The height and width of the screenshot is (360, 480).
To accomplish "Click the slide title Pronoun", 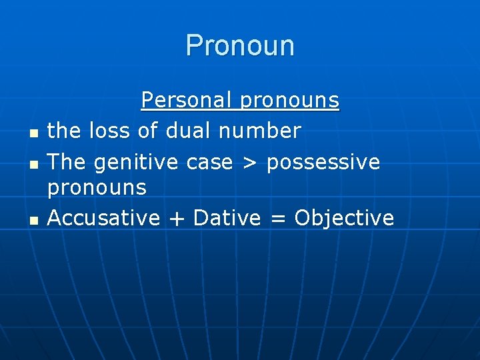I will (240, 45).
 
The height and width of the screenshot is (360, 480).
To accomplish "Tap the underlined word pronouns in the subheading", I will (289, 101).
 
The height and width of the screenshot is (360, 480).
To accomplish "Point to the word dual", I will (187, 131).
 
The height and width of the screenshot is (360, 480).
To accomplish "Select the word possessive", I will (323, 162).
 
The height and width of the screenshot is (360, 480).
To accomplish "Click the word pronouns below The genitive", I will (97, 187).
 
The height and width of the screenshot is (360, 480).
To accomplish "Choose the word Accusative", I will (104, 217).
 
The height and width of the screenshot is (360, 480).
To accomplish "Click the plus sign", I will (177, 218).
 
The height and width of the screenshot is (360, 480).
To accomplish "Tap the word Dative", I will (227, 217).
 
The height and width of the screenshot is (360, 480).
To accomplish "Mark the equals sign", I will (277, 218).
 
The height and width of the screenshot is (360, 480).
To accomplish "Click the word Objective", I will (344, 217).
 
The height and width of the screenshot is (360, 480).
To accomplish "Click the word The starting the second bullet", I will (67, 162).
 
